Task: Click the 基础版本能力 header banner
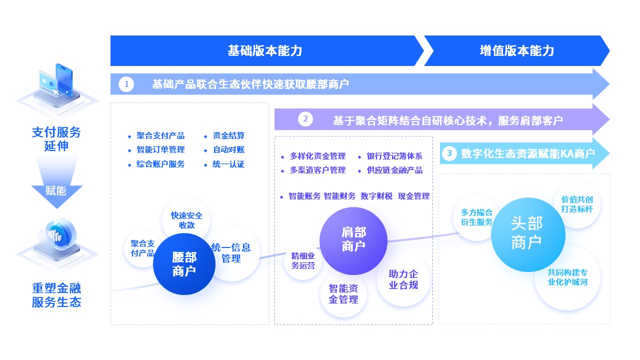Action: point(264,50)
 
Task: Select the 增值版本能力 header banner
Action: point(516,50)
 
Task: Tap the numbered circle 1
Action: point(126,84)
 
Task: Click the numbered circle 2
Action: point(305,119)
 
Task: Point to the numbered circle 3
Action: point(449,153)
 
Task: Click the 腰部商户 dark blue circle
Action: point(184,264)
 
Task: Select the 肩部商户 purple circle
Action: point(353,239)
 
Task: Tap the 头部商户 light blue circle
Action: point(527,234)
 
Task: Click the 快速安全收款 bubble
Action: point(186,220)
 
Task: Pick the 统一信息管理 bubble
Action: point(231,252)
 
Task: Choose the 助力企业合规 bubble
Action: point(403,279)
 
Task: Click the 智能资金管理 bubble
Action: point(343,294)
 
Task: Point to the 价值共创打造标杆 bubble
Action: point(577,204)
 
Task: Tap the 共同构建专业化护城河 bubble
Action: point(567,277)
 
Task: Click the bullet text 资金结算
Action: point(228,135)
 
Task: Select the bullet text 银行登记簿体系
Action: point(394,156)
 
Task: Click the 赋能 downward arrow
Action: point(56,191)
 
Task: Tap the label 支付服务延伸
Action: point(56,139)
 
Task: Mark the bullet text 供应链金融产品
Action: point(394,170)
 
